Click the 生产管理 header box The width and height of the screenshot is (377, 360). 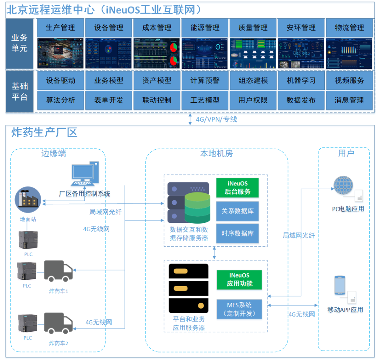coord(60,28)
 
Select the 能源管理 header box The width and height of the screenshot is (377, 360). coord(205,28)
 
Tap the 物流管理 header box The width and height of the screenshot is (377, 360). coord(349,28)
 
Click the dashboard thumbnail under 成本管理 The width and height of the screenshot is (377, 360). coord(156,53)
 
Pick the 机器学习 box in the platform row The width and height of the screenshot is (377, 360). coord(301,81)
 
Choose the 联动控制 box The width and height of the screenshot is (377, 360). coord(156,100)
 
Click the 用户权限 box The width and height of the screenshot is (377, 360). coord(253,100)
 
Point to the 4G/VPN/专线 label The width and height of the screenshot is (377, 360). coord(216,119)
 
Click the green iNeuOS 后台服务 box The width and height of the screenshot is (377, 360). coord(237,188)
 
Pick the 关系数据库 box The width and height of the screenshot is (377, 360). coord(237,211)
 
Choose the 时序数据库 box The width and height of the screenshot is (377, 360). coord(237,234)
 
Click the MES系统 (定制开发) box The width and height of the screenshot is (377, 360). coord(239,309)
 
